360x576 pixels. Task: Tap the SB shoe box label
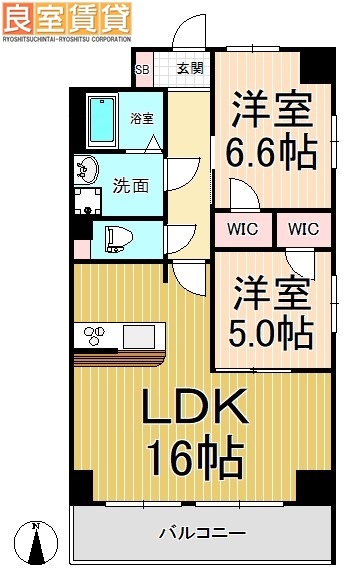coord(143,69)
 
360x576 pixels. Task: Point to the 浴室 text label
coord(142,118)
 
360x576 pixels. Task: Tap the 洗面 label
coord(131,185)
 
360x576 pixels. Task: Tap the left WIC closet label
coord(241,229)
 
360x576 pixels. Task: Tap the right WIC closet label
coord(304,229)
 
